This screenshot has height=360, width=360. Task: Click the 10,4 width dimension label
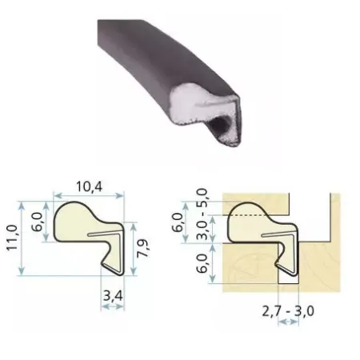click(x=89, y=186)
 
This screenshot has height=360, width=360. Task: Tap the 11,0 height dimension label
click(x=12, y=238)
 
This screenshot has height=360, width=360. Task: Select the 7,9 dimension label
click(x=143, y=249)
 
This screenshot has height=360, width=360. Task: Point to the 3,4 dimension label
click(x=113, y=296)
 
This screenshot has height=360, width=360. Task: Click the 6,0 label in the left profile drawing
click(x=38, y=222)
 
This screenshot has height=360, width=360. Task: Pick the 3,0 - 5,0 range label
click(x=202, y=214)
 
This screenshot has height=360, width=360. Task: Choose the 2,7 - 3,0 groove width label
click(x=288, y=311)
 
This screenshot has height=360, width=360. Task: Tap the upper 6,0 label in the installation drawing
click(x=178, y=223)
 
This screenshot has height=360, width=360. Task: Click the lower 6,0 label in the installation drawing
click(x=202, y=263)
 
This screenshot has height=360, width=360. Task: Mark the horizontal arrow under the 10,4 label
click(x=89, y=196)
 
